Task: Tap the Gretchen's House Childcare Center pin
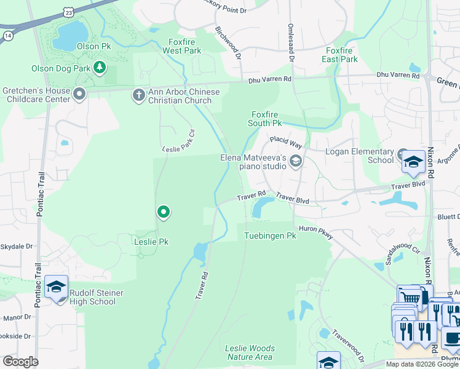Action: (x=79, y=94)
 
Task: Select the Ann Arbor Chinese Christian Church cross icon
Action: (x=138, y=95)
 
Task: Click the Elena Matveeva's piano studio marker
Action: (x=295, y=161)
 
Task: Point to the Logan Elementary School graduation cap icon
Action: (x=413, y=162)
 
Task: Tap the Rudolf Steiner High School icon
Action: (x=56, y=287)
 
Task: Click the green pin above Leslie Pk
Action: (x=163, y=212)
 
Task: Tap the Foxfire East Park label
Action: (x=339, y=55)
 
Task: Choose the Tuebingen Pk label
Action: (x=270, y=236)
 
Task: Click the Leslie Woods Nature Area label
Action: (x=250, y=352)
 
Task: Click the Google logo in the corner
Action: (x=20, y=362)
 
